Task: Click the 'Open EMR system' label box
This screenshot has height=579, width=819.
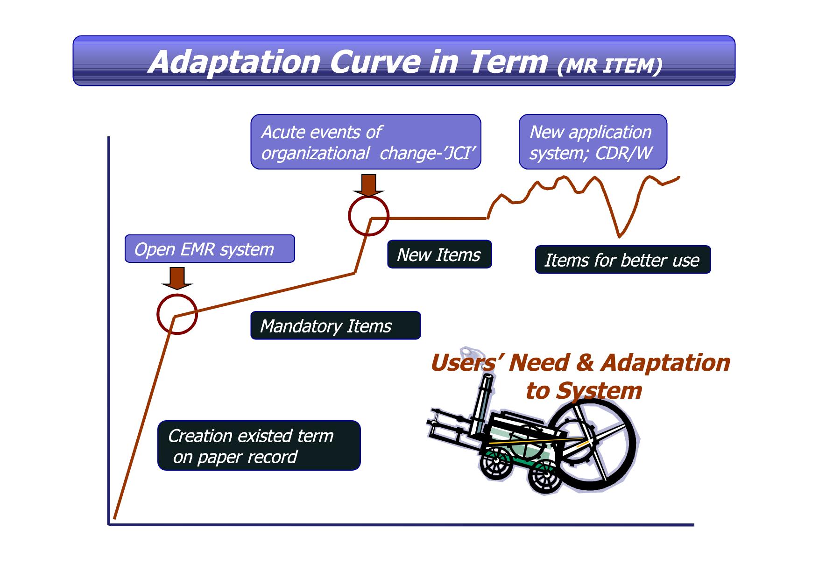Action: tap(210, 249)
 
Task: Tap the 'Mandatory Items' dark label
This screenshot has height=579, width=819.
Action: tap(335, 325)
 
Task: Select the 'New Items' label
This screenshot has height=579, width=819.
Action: tap(439, 254)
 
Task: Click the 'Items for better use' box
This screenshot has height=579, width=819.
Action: tap(623, 260)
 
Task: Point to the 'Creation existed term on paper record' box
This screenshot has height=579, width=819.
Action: tap(259, 445)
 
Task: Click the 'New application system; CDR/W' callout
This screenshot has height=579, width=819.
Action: tap(593, 141)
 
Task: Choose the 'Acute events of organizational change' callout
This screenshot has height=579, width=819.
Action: tap(366, 141)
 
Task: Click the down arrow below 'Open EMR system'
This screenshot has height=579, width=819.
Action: tap(177, 278)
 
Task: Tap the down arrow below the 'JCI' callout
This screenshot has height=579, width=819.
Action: tap(369, 185)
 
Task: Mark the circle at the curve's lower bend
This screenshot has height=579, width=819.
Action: tap(158, 314)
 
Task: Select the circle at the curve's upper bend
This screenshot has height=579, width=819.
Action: tap(349, 216)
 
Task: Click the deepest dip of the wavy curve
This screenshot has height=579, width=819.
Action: tap(620, 236)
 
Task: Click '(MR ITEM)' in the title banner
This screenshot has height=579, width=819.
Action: tap(610, 66)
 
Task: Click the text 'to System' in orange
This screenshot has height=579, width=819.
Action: tap(584, 390)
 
